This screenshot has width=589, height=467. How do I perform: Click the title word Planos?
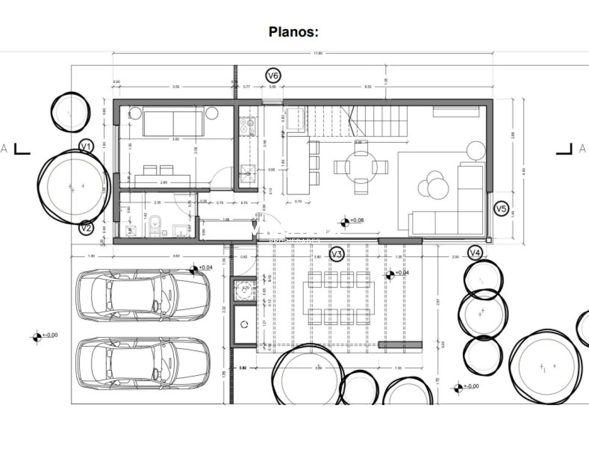[293, 32]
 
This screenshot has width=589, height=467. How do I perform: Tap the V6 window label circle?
[273, 76]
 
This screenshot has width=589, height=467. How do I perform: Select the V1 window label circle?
[86, 147]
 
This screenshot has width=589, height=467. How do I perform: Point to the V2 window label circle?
[87, 227]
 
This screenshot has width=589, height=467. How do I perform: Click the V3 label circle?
[336, 254]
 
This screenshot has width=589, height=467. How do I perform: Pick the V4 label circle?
[475, 253]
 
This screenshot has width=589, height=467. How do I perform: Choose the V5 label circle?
[500, 209]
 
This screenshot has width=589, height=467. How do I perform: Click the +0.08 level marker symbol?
[344, 223]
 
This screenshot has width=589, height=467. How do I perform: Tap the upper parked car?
[143, 294]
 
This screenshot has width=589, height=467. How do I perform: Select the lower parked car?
[143, 363]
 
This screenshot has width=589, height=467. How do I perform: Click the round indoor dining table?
[361, 167]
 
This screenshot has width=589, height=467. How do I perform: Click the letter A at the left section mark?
[4, 149]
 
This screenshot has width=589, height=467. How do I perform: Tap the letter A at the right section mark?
[582, 149]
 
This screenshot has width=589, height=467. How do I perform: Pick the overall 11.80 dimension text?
[317, 53]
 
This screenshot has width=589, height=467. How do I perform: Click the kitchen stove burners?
[246, 124]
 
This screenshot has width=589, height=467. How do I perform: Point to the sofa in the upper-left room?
[173, 122]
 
